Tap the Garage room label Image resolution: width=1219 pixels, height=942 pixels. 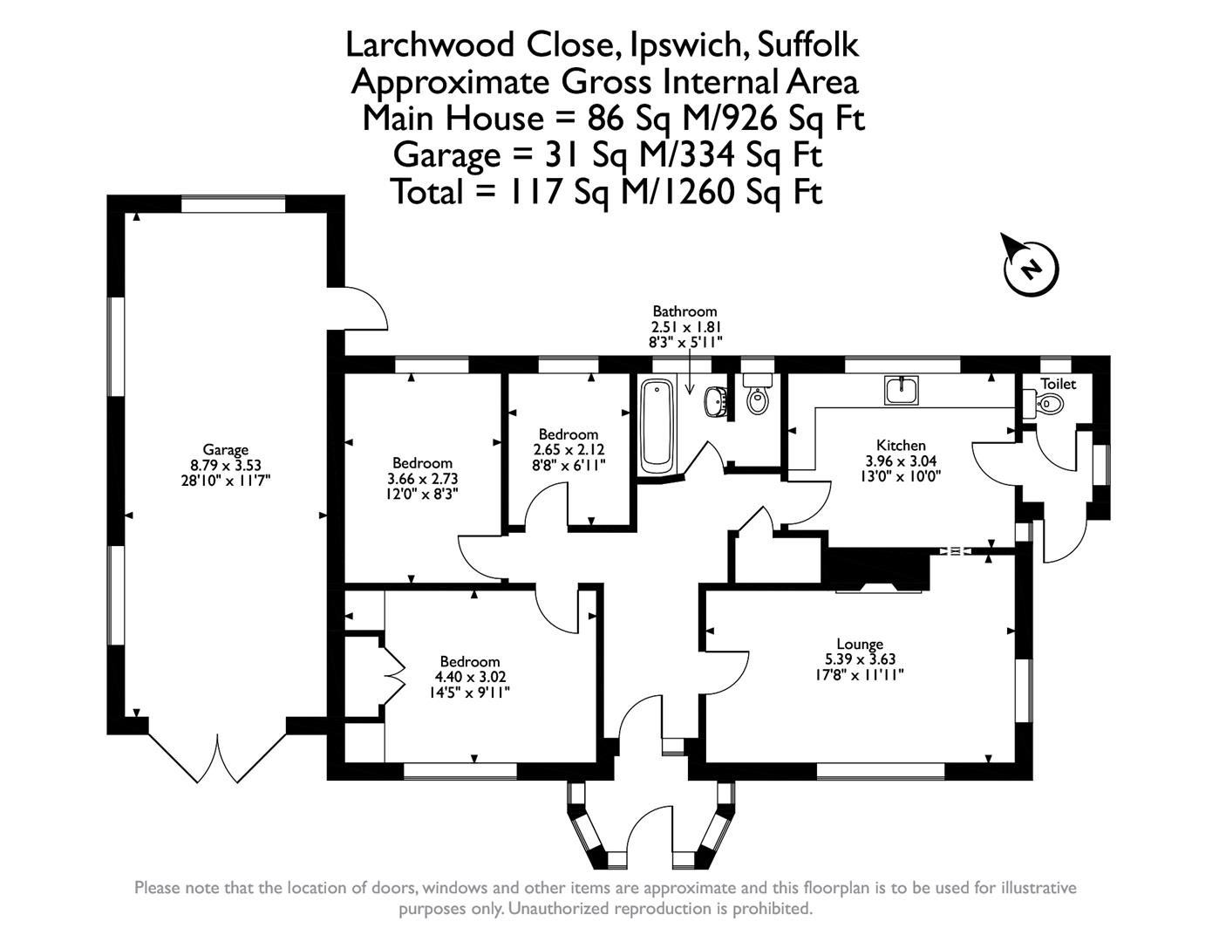click(x=226, y=450)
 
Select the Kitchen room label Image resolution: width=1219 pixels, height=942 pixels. click(x=901, y=446)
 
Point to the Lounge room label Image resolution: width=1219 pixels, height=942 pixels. click(x=860, y=645)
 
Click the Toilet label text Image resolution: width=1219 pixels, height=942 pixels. click(x=1059, y=384)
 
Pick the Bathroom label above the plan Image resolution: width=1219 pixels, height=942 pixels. click(x=684, y=311)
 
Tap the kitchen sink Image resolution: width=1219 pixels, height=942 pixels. click(x=902, y=390)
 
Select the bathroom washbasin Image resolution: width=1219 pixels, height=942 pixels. click(x=716, y=401)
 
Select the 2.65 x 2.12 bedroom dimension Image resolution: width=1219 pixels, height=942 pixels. click(x=569, y=450)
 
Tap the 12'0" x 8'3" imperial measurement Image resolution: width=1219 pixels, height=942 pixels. click(x=422, y=494)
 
